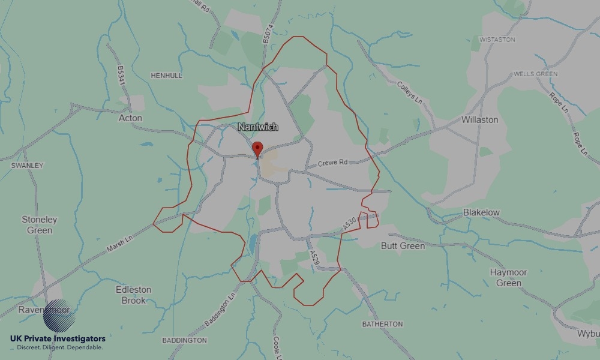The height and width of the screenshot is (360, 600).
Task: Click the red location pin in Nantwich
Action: tap(257, 148)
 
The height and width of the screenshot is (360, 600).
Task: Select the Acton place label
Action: tap(130, 118)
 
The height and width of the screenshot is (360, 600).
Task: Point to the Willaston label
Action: tap(479, 119)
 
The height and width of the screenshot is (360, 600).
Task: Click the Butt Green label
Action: tap(403, 245)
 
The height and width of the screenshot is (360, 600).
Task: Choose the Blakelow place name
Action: tap(481, 212)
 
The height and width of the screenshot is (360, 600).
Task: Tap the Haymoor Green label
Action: tap(508, 277)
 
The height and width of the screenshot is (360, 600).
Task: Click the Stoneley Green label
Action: tap(40, 224)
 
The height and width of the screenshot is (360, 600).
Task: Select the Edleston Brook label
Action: tap(134, 295)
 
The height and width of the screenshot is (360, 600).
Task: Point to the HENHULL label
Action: tap(166, 76)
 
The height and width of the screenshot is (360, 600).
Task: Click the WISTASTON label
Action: tap(497, 40)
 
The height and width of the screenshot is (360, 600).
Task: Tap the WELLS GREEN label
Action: tap(535, 74)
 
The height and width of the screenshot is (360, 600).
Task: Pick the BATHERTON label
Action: tap(382, 324)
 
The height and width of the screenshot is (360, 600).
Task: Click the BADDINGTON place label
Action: tap(184, 340)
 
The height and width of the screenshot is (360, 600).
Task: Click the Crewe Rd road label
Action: tap(332, 163)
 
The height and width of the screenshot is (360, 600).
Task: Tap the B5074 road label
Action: tap(268, 32)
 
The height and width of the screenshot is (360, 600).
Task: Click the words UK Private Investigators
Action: tap(58, 339)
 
